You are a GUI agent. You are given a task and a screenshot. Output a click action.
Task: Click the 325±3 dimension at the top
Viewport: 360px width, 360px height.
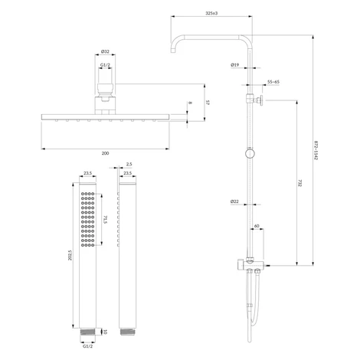(211, 13)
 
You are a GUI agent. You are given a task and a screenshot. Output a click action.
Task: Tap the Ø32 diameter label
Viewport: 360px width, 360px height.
(105, 51)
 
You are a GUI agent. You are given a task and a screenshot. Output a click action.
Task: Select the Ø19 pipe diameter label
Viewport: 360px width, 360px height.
(235, 65)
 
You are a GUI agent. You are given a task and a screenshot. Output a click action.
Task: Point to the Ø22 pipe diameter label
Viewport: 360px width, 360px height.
(234, 201)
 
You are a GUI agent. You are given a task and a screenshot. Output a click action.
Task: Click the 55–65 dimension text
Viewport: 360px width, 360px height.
(273, 82)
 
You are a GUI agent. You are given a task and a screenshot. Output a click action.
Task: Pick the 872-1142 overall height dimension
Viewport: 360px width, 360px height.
(316, 150)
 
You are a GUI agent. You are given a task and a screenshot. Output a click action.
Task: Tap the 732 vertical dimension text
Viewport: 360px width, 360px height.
(299, 183)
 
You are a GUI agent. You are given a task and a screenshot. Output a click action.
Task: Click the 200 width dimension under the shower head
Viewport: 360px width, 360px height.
(105, 153)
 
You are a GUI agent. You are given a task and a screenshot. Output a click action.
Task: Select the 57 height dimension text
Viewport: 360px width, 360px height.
(208, 103)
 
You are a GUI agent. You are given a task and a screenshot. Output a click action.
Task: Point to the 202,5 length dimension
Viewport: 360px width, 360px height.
(70, 255)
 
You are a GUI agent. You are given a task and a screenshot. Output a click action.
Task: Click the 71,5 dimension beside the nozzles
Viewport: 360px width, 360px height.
(106, 220)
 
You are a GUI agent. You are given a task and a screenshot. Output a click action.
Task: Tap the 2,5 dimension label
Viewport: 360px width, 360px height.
(129, 164)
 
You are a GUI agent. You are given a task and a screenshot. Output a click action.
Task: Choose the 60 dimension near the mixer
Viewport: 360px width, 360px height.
(257, 226)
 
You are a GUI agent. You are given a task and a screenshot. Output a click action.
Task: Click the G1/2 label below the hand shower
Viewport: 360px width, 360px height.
(87, 346)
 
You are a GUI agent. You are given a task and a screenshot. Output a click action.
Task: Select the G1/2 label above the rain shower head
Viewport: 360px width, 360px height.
(105, 65)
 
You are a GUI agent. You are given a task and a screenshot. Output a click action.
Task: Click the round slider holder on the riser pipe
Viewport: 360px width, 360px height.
(250, 153)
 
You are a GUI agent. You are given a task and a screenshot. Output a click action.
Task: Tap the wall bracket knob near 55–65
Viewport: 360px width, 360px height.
(261, 100)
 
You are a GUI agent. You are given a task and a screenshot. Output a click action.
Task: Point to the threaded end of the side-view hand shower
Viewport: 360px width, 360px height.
(127, 332)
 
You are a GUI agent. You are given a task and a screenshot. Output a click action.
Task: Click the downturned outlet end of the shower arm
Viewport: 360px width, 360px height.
(174, 51)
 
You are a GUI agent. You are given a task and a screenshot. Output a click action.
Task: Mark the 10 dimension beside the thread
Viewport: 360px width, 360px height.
(105, 332)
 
